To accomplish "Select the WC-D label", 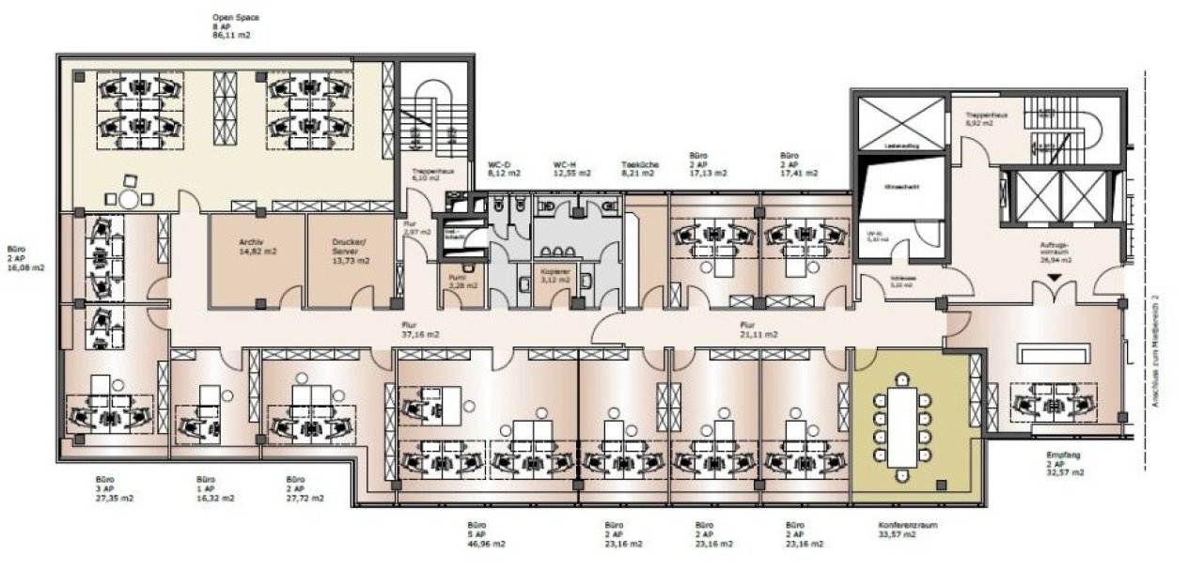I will click(x=498, y=164).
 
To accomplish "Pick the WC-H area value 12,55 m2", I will click(x=571, y=174).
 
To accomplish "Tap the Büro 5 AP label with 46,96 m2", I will click(x=487, y=535).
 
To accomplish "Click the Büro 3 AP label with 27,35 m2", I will click(x=114, y=488).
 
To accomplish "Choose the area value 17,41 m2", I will click(x=800, y=174).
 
